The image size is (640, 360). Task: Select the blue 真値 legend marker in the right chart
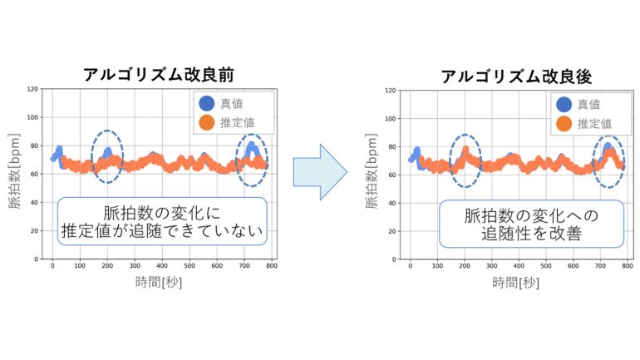(564, 104)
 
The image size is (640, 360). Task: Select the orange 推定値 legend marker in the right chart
(564, 124)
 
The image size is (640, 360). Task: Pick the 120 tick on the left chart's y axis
(33, 89)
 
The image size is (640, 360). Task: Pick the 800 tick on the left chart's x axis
(271, 266)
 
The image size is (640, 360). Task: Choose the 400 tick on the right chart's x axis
(519, 267)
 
